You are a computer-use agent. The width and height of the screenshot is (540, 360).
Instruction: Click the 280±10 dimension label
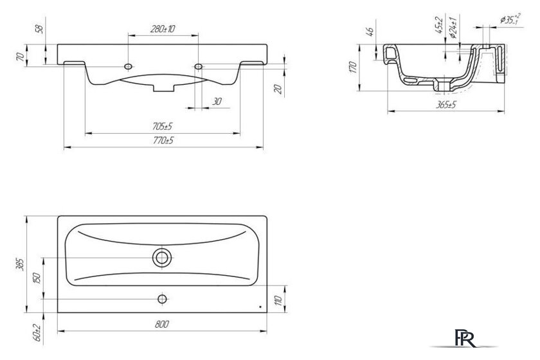coord(163,29)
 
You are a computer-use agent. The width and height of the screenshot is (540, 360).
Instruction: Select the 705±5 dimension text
coord(163,127)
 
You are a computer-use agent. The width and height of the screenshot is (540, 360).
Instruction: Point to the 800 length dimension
coord(161,325)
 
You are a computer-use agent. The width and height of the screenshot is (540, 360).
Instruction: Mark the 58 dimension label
coord(40,30)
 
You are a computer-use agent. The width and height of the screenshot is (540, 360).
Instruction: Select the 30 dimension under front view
coord(216,101)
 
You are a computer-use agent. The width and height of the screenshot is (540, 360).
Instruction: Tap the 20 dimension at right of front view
coord(277,89)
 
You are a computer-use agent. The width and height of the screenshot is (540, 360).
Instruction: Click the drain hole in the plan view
coord(161,258)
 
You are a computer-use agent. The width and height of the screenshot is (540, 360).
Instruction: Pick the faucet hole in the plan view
coord(161,298)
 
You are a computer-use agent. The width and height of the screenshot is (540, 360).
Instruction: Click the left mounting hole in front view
coord(129,66)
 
